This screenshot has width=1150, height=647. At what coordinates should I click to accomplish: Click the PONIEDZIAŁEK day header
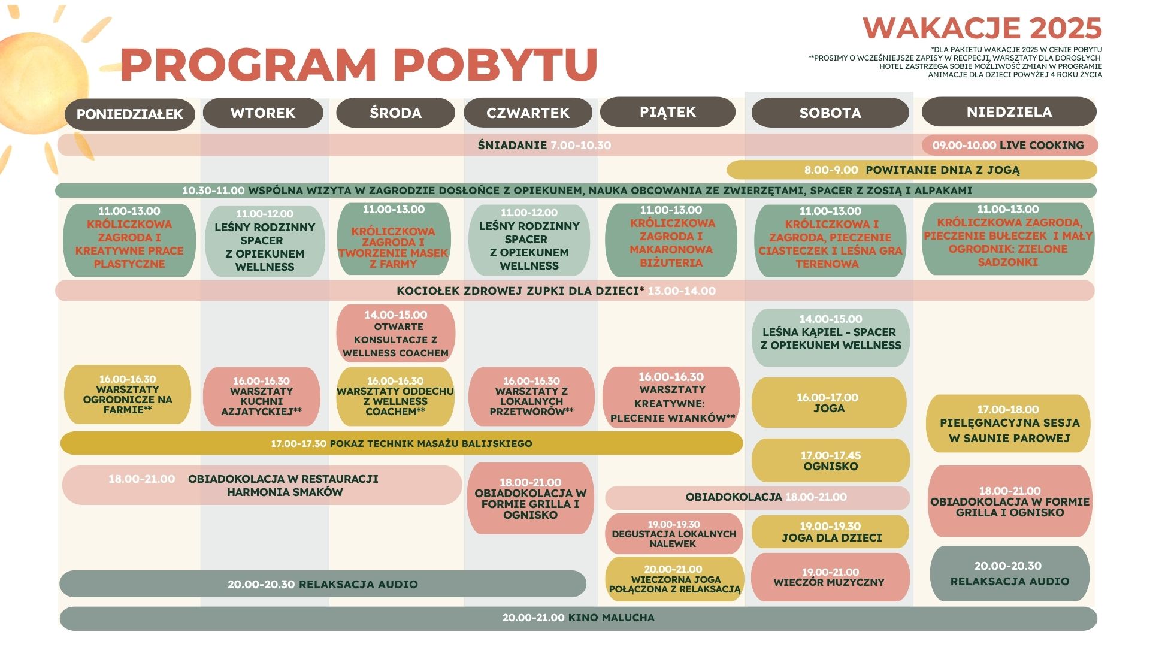click(x=130, y=114)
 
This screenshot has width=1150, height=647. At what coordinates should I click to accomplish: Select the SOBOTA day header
click(x=830, y=113)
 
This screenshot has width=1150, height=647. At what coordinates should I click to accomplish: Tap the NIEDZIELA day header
click(x=1009, y=111)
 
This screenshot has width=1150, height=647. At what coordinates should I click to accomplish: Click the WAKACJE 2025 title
click(x=982, y=28)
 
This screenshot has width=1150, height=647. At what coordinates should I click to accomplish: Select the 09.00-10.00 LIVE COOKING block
click(x=1010, y=145)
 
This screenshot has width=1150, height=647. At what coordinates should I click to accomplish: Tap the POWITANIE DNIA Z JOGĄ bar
click(x=912, y=170)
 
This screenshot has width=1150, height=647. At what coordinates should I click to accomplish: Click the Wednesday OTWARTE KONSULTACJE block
click(x=396, y=333)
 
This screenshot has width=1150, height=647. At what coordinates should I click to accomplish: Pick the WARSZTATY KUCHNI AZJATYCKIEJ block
click(x=262, y=396)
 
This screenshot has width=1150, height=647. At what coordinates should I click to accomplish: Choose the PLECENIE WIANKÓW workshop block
click(x=671, y=397)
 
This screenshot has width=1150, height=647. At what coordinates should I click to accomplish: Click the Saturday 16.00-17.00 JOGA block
click(x=829, y=403)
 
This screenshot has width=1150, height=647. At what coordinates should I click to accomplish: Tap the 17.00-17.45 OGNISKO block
click(x=831, y=460)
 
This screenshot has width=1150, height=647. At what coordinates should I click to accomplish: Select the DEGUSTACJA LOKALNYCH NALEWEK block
click(x=674, y=533)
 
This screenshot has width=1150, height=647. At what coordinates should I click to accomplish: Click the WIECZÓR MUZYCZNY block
click(x=830, y=577)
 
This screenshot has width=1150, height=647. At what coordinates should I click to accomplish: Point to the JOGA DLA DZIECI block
click(x=830, y=531)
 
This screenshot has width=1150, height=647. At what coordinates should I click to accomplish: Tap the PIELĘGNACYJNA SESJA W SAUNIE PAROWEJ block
click(x=1008, y=424)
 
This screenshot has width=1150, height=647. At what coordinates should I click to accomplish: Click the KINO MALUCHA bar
click(x=578, y=618)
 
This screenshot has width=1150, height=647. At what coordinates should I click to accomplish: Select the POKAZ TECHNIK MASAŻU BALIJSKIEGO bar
click(x=401, y=443)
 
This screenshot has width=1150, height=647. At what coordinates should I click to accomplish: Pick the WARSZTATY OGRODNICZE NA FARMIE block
click(x=128, y=394)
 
